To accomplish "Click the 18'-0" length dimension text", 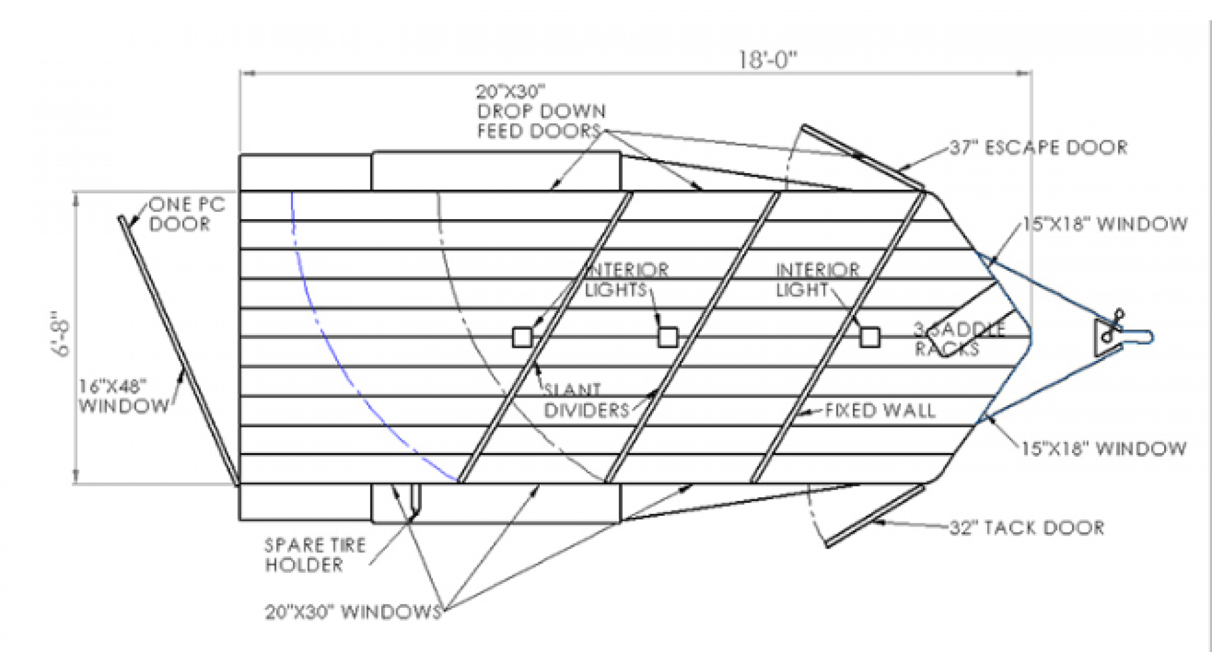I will pyautogui.click(x=768, y=60).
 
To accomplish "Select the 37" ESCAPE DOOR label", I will pyautogui.click(x=1038, y=148).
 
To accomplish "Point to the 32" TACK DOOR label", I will pyautogui.click(x=1027, y=527).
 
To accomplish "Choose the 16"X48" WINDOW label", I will pyautogui.click(x=124, y=396).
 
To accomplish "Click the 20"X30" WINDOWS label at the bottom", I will pyautogui.click(x=353, y=611).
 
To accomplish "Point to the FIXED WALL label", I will pyautogui.click(x=879, y=411).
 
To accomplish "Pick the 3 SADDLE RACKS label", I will pyautogui.click(x=958, y=339).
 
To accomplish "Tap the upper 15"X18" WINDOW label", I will pyautogui.click(x=1105, y=224).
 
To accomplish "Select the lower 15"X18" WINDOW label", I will pyautogui.click(x=1103, y=448).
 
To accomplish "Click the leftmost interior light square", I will pyautogui.click(x=522, y=337).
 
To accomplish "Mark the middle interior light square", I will pyautogui.click(x=668, y=337).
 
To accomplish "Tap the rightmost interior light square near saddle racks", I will pyautogui.click(x=870, y=337).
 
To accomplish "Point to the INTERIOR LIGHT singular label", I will pyautogui.click(x=817, y=280).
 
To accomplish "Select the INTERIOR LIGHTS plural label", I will pyautogui.click(x=626, y=280).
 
